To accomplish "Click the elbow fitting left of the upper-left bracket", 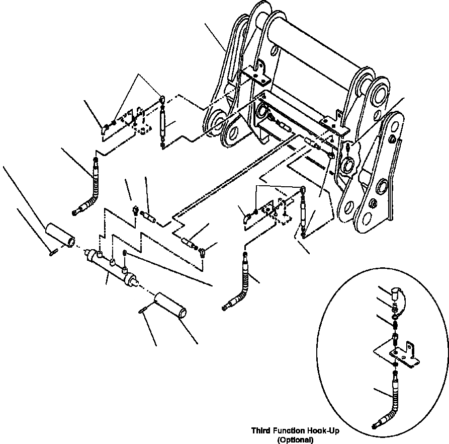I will tap(103, 130).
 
